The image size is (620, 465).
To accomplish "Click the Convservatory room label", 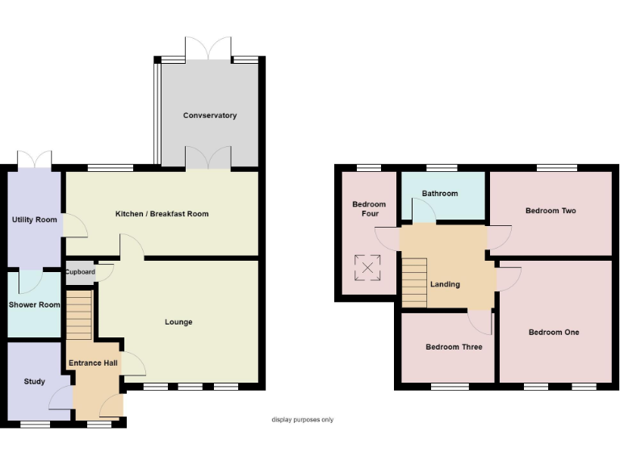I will pos(210,115).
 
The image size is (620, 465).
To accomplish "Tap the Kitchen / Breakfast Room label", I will pos(162,214).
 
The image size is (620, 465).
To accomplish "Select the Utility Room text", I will pos(34,220).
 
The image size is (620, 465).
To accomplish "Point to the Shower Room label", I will pos(34,305).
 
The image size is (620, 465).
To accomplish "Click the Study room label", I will pos(34,382).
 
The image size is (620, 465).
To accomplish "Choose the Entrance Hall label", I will pos(93,363).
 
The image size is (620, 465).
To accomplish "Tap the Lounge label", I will pos(178,322).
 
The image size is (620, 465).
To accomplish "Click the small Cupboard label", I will pos(80,272).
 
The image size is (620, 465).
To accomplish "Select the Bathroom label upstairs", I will pos(440,194).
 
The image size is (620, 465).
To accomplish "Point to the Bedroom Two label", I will pos(551,211).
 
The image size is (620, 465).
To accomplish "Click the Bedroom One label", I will pos(554,333).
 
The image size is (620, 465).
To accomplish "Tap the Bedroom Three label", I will pos(454,347).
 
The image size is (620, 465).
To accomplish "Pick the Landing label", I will pos(445,284).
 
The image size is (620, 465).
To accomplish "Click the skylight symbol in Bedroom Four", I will pos(368,266).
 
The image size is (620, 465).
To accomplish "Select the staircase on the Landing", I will pos(414,282).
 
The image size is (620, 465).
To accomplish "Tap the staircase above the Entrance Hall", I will pos(79,316).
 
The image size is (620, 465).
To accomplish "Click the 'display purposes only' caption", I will pos(302,420).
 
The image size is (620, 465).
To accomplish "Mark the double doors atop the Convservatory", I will pos(208,48).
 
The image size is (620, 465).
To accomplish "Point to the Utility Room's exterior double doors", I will pos(34,158).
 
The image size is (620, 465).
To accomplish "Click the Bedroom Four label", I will pos(369,209).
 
